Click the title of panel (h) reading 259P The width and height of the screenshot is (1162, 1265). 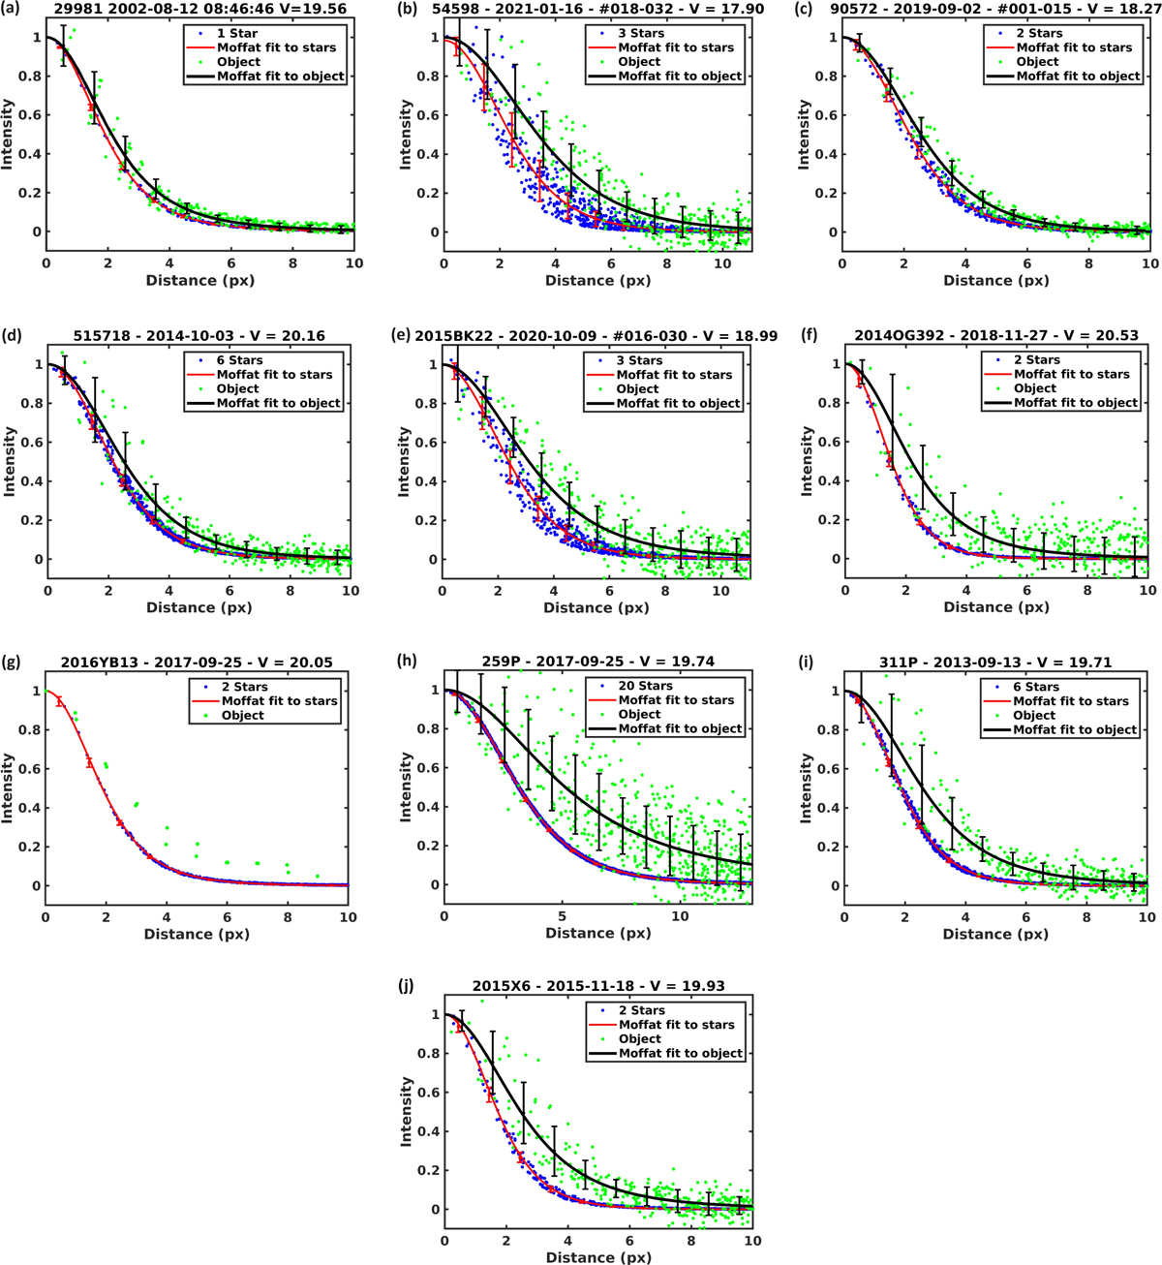597,663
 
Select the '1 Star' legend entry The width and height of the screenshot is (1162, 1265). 236,33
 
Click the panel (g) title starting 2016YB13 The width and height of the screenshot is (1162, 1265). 197,663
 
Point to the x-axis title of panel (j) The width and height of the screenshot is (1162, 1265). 597,1257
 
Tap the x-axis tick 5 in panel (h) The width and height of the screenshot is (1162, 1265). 563,916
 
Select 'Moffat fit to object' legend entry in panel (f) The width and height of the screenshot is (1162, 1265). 1075,403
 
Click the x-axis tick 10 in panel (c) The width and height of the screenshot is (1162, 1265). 1149,263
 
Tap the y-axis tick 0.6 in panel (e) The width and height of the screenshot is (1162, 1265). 423,443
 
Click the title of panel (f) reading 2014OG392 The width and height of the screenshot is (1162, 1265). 996,336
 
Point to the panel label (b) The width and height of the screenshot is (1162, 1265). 411,9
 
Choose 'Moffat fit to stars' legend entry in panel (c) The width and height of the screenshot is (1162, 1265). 1074,47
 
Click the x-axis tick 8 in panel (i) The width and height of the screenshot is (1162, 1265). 1086,917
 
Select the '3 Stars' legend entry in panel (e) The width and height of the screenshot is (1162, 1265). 640,360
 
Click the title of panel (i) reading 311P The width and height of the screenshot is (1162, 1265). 995,663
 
